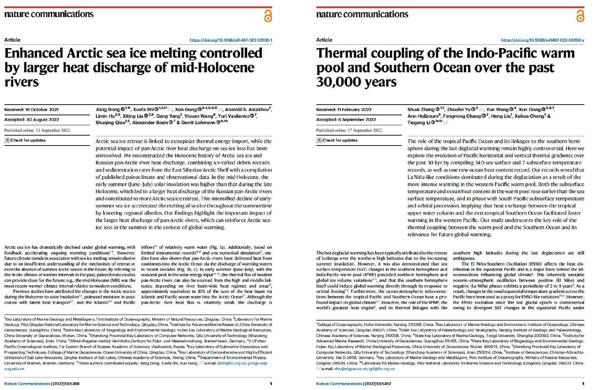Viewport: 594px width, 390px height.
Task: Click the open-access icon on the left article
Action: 268,16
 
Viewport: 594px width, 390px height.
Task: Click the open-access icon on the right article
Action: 580,16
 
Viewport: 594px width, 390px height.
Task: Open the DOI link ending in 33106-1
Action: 231,40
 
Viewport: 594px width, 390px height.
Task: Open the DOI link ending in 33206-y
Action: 542,40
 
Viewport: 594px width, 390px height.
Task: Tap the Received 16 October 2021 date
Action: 31,110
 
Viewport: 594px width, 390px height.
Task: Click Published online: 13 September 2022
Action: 37,130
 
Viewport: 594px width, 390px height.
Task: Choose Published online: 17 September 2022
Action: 349,130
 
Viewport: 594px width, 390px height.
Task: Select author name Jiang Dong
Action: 108,110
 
